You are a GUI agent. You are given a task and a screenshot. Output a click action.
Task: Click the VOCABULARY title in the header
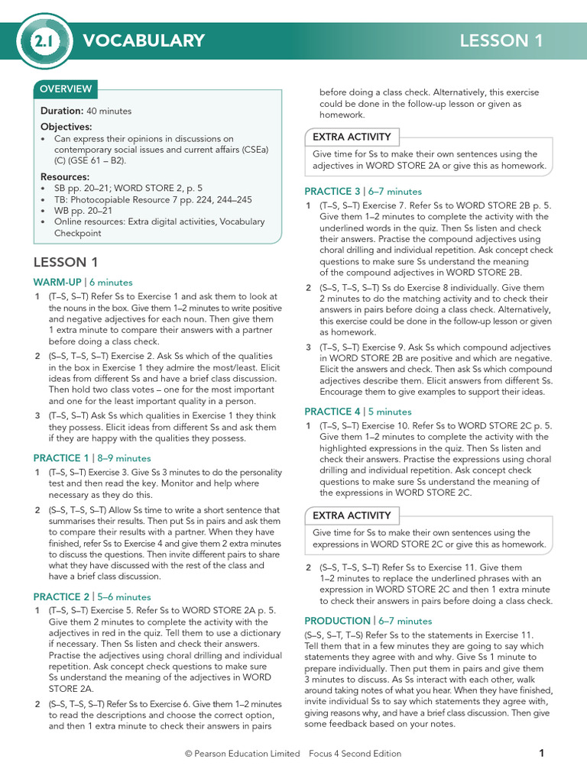tap(144, 41)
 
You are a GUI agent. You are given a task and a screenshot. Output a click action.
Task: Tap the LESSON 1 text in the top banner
tap(501, 41)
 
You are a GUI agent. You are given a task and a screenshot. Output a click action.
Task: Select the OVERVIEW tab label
tap(66, 89)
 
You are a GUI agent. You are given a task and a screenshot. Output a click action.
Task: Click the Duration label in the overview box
tap(62, 111)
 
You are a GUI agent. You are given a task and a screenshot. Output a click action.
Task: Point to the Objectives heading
tap(66, 127)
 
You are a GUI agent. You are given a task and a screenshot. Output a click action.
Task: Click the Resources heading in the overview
tap(65, 176)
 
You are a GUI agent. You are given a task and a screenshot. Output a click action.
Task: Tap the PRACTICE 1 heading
tap(61, 458)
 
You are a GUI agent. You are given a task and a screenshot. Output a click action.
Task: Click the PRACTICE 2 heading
tap(61, 596)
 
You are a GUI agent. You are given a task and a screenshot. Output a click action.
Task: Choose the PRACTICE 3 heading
tap(332, 192)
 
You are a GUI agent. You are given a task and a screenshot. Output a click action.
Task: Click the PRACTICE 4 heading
tap(332, 412)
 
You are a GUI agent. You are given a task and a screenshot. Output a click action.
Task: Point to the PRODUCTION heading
tap(337, 621)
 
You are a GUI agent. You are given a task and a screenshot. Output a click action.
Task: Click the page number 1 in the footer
tap(541, 753)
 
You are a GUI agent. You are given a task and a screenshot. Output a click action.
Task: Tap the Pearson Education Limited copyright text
tap(242, 754)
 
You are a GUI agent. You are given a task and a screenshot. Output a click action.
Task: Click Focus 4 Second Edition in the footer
tap(355, 754)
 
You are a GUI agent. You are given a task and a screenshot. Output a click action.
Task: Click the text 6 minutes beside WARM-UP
tap(111, 283)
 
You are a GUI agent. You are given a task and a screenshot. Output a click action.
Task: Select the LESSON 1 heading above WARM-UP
tap(66, 262)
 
